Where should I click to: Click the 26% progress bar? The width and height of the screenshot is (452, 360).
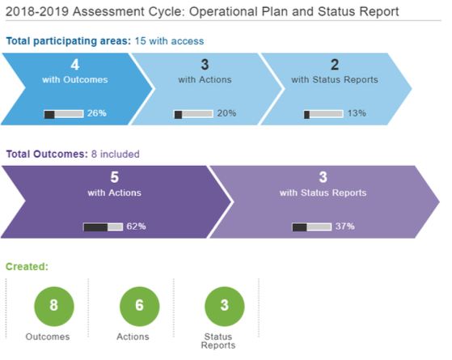[64, 114]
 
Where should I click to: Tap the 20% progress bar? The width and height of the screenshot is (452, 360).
[193, 114]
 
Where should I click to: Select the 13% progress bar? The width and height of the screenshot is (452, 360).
[323, 114]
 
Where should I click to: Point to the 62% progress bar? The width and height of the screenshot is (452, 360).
[103, 227]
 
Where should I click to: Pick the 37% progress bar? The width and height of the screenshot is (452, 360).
[312, 227]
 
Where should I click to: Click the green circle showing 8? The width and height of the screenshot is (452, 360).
[54, 307]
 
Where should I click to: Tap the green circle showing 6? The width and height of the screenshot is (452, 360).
[140, 307]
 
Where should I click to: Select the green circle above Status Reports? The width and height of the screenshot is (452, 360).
[225, 307]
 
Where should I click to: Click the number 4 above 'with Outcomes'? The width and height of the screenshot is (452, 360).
[75, 65]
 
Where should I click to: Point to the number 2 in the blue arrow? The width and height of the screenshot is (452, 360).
[335, 65]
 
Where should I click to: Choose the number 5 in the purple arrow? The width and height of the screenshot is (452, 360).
[115, 177]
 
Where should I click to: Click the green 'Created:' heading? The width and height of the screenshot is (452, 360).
[27, 266]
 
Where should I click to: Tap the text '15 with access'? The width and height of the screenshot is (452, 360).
[169, 41]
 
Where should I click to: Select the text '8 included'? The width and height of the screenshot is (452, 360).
[116, 154]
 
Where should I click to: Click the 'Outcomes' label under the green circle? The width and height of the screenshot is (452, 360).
[48, 337]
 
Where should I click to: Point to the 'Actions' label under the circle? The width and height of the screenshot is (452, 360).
[133, 337]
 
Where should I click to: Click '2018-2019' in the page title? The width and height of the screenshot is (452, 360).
[37, 12]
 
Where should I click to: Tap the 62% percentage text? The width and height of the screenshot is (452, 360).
[136, 227]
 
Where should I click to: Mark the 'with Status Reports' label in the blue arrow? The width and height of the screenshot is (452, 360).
[335, 79]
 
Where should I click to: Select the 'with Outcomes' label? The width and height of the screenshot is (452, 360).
[75, 79]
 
